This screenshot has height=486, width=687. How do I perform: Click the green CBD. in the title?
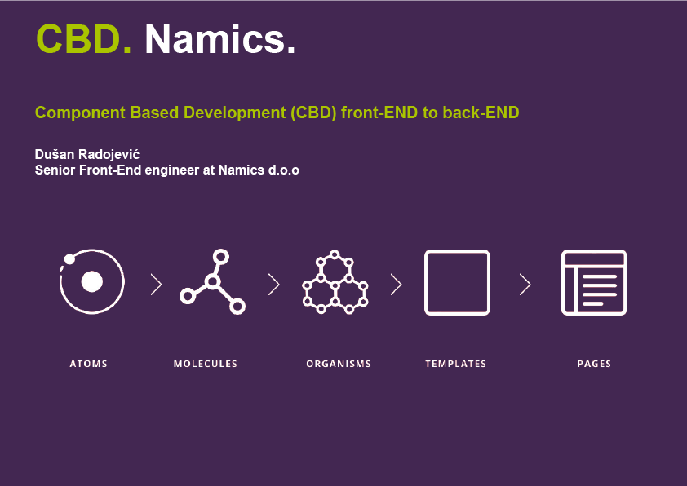[x=83, y=39]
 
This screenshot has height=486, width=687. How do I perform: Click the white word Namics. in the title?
[x=220, y=39]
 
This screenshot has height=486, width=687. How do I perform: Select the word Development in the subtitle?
[x=234, y=113]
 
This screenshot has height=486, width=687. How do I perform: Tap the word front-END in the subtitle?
[x=379, y=113]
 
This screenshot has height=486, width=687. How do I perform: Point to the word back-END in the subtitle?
[x=481, y=113]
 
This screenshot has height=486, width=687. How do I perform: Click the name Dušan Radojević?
[x=87, y=154]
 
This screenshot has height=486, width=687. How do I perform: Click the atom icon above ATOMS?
[x=92, y=281]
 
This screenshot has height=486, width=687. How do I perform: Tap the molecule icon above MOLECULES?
[x=212, y=281]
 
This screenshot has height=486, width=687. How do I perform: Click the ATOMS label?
[x=88, y=364]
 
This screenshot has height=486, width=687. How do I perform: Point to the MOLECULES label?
[x=206, y=364]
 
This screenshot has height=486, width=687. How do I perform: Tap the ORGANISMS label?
[x=339, y=364]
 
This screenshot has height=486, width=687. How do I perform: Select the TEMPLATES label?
[x=455, y=364]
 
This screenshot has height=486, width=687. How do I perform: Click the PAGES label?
[x=594, y=364]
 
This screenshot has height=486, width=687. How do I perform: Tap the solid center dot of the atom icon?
[x=92, y=281]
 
